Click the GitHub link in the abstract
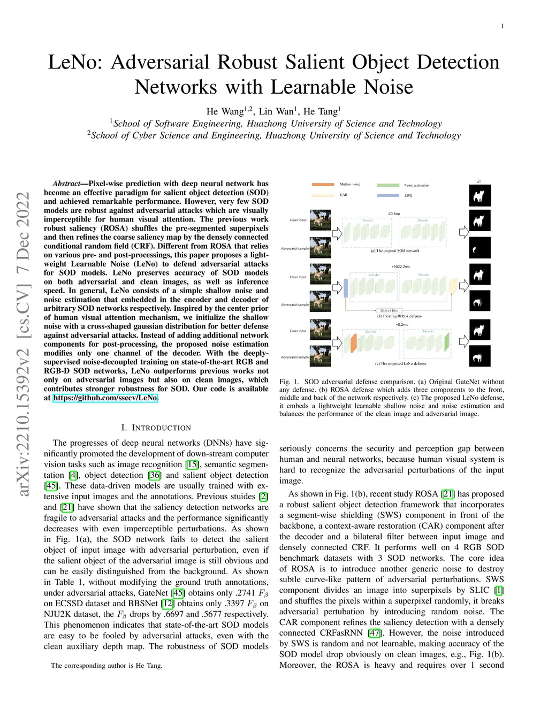tap(105, 398)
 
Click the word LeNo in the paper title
tap(74, 62)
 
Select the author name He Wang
tap(225, 111)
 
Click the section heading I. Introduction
tap(156, 428)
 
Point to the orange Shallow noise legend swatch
tap(323, 185)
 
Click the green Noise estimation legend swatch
tap(388, 185)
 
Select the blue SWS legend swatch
tap(388, 195)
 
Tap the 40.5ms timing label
tap(394, 214)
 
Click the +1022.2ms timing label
tap(400, 266)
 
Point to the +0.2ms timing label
tap(401, 324)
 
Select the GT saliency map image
tap(479, 196)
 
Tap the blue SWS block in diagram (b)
tap(346, 287)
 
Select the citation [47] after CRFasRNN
tap(374, 633)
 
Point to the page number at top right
tap(502, 26)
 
